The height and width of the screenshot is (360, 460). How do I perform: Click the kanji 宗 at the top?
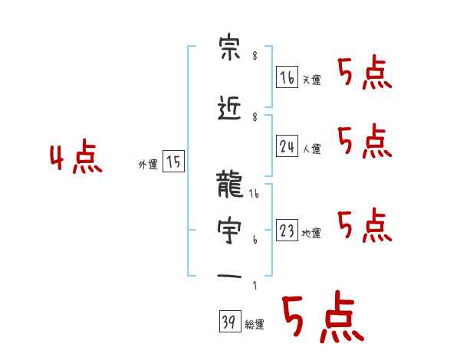coord(230,51)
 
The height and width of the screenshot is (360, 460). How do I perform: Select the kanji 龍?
coord(230,186)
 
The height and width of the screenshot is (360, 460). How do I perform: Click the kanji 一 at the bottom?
coord(230,275)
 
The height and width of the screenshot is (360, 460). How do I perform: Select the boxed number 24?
coord(287,146)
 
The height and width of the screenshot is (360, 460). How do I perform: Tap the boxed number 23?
coord(287,231)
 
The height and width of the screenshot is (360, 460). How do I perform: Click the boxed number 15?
coord(174,162)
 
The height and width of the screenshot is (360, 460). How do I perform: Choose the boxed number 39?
coord(228,322)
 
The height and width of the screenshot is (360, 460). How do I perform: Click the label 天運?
coord(310,80)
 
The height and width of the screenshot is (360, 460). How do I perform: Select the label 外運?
coord(147,165)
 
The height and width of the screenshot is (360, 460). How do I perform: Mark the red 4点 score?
coord(75,159)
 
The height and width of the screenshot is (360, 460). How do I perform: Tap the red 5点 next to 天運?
coord(364,74)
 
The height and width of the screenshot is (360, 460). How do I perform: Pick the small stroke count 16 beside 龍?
coord(255,195)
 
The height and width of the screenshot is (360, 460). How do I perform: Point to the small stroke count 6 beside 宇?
coord(255,240)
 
